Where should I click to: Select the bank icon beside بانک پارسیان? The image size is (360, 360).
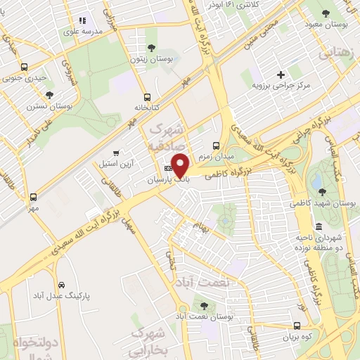click(x=168, y=169)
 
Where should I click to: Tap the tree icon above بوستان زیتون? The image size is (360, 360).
click(x=151, y=48)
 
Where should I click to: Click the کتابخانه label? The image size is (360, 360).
click(x=148, y=108)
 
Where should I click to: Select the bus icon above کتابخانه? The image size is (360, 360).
click(x=147, y=97)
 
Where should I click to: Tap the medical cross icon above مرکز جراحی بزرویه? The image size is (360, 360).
click(x=281, y=74)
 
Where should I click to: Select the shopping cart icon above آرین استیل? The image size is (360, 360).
click(x=116, y=152)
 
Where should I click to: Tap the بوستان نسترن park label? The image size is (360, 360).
click(x=50, y=106)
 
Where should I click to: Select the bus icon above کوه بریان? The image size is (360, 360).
click(x=297, y=326)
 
